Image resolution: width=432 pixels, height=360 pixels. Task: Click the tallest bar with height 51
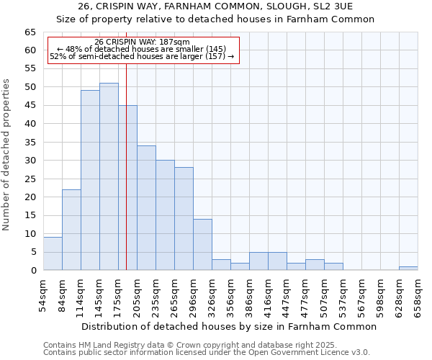109,176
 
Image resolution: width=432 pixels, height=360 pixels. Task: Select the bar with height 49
90,180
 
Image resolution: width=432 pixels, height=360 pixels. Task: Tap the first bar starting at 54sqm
53,253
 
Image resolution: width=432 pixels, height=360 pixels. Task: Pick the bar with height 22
71,230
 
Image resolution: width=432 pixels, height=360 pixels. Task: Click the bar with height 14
202,244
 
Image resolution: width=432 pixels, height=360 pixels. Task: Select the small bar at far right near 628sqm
408,269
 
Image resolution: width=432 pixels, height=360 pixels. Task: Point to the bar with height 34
146,207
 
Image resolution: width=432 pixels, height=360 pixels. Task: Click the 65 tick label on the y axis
30,32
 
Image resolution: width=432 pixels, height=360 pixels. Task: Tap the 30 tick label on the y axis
30,161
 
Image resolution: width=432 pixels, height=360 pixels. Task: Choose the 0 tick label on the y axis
32,271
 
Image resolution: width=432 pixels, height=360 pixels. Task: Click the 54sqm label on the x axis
43,294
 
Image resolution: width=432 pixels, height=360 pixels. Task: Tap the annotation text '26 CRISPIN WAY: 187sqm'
142,42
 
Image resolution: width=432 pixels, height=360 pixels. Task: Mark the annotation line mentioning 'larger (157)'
142,56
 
